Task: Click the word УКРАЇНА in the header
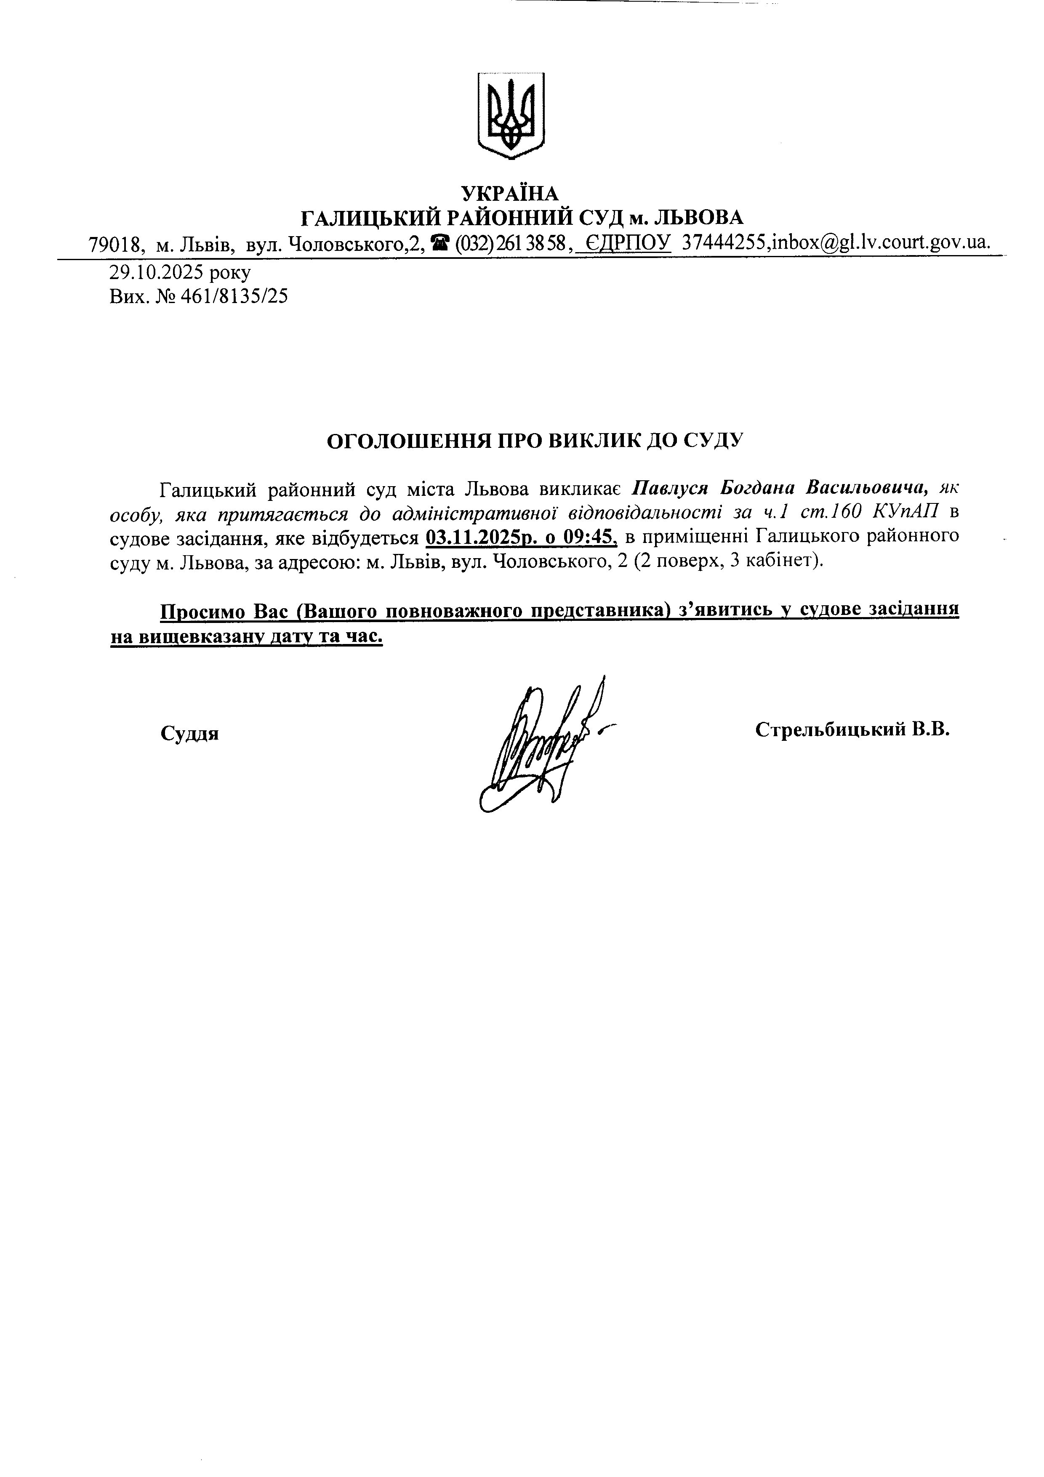511,192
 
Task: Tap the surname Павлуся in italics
670,487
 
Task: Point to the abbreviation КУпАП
906,512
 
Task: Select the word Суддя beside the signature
190,733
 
